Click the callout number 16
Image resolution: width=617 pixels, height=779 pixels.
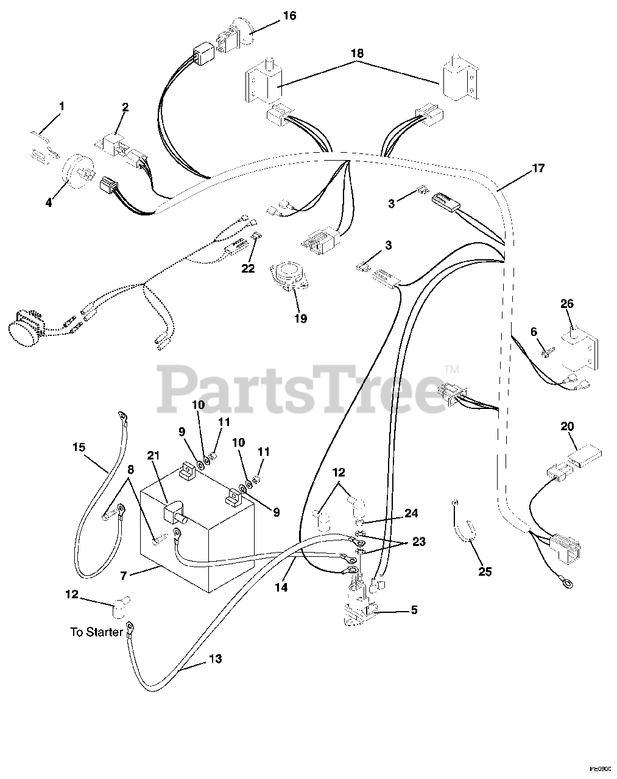pyautogui.click(x=290, y=15)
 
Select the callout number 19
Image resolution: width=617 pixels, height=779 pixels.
pyautogui.click(x=300, y=318)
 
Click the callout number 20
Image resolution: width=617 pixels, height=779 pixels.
pyautogui.click(x=567, y=427)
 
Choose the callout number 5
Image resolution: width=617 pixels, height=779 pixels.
pyautogui.click(x=414, y=609)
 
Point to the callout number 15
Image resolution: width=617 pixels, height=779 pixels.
pyautogui.click(x=79, y=447)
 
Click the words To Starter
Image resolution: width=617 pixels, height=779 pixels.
pyautogui.click(x=97, y=632)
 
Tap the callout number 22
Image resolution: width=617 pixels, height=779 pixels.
pyautogui.click(x=249, y=268)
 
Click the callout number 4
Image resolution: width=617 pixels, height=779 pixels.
pyautogui.click(x=49, y=202)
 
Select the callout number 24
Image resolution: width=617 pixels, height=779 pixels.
pyautogui.click(x=411, y=514)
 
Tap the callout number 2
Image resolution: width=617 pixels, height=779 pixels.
pyautogui.click(x=125, y=108)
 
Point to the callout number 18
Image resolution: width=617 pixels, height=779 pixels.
pyautogui.click(x=357, y=54)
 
